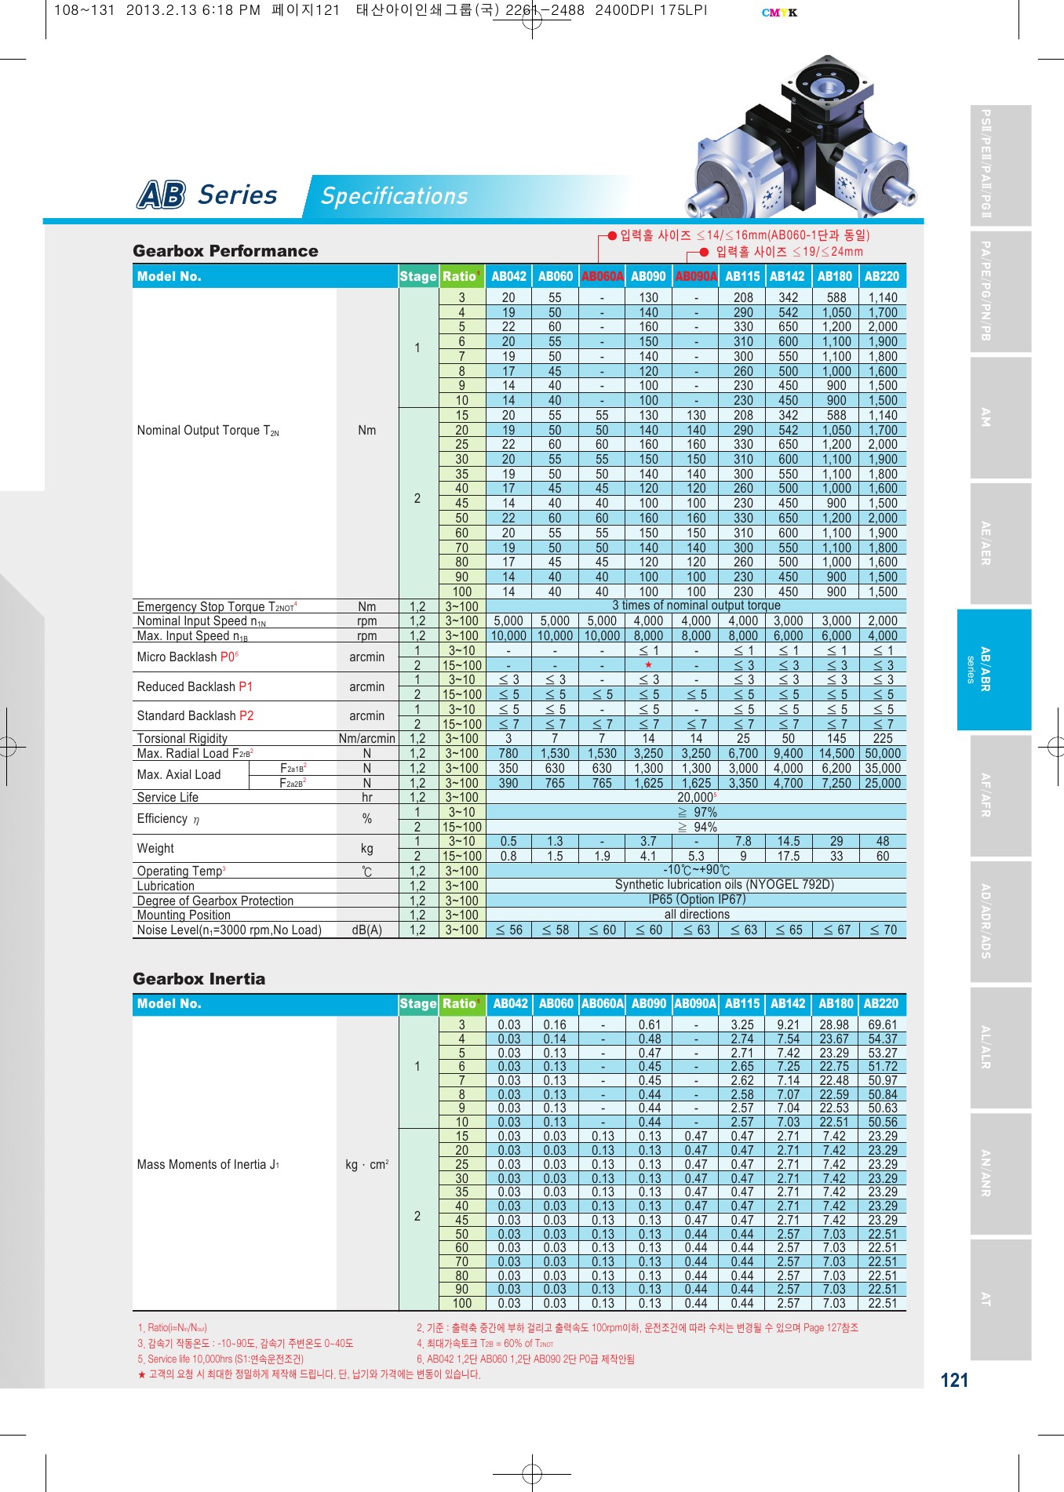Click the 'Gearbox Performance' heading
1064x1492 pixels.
click(x=225, y=251)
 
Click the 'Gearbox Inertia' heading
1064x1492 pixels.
click(x=199, y=979)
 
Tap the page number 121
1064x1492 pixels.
click(x=953, y=1381)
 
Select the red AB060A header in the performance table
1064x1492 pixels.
click(x=602, y=276)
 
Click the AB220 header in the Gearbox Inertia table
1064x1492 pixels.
click(x=881, y=1004)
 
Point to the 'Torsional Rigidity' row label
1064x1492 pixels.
click(x=182, y=739)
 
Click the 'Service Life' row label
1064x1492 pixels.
click(x=167, y=798)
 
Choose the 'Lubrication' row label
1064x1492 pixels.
click(x=166, y=886)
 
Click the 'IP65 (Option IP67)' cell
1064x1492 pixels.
click(x=696, y=900)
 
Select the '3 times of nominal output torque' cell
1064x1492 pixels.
click(x=696, y=606)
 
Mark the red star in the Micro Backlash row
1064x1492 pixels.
click(x=648, y=665)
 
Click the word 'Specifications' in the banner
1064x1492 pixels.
click(x=394, y=196)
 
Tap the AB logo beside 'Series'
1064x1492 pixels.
click(x=162, y=195)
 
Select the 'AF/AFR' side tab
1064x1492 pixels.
click(x=986, y=795)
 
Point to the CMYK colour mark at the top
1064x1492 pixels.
click(x=778, y=13)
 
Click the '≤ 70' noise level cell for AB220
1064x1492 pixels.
click(x=883, y=930)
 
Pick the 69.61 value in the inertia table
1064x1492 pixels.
click(x=882, y=1025)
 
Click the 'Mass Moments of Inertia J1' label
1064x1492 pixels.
click(x=208, y=1165)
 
